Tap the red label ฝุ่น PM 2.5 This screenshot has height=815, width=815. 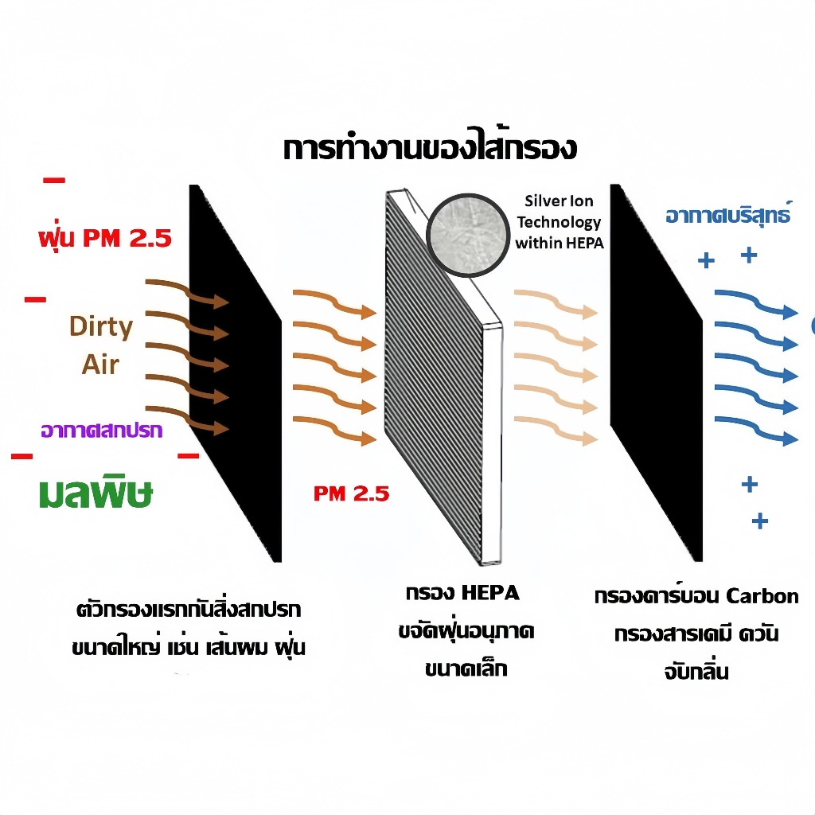click(x=105, y=237)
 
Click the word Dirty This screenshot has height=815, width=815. click(x=101, y=327)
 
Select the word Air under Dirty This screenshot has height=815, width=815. click(x=100, y=365)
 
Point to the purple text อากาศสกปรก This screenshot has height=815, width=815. click(x=102, y=431)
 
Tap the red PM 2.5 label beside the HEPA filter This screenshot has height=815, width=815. click(x=351, y=493)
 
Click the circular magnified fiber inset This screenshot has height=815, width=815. click(x=467, y=235)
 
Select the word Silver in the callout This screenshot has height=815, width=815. click(x=544, y=201)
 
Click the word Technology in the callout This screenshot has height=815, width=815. click(x=559, y=222)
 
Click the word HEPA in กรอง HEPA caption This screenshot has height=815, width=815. click(x=490, y=592)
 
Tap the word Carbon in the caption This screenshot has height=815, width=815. click(x=762, y=595)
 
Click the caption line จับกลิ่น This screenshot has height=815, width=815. click(x=696, y=670)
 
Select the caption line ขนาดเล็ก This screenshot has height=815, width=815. click(x=466, y=668)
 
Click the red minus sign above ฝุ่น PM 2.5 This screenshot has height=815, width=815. click(x=54, y=181)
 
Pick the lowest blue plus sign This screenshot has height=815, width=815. click(x=760, y=521)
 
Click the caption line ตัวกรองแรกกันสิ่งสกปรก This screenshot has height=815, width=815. click(x=188, y=609)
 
